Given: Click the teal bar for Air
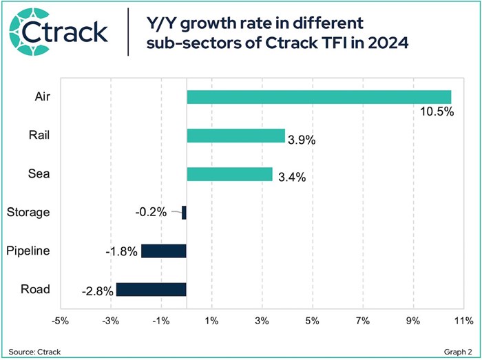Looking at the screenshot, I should [x=319, y=97].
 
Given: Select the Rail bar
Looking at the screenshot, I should [x=235, y=136].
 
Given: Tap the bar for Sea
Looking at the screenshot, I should [x=229, y=174].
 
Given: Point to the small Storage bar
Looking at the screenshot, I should [x=184, y=213].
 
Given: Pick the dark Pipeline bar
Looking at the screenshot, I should [x=164, y=251].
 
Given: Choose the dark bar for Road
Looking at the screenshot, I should [x=151, y=289].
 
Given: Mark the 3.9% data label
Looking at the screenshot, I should [x=301, y=140].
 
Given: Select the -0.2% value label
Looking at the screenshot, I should [x=151, y=212].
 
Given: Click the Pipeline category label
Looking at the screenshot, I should [x=28, y=251].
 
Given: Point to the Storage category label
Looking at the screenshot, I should [x=28, y=212].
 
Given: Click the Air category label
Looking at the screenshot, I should [x=42, y=97].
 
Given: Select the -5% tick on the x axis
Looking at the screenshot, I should [x=60, y=321].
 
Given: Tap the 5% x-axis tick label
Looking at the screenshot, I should [x=313, y=321].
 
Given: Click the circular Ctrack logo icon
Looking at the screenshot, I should [x=26, y=32].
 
